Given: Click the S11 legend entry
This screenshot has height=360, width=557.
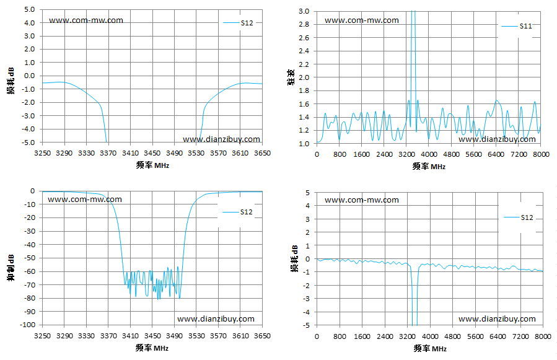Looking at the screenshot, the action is tap(517, 26).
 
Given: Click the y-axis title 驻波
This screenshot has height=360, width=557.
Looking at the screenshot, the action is tap(291, 77).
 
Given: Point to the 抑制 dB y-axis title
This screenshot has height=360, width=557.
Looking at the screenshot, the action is tap(11, 268).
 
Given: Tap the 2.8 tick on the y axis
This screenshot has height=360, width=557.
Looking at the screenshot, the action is tap(304, 24).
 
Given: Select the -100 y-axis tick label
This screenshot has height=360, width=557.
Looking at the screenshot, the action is tap(28, 325).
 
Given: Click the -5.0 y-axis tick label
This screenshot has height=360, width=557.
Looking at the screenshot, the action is tap(29, 143).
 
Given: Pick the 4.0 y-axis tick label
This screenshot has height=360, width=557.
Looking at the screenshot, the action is tap(30, 23).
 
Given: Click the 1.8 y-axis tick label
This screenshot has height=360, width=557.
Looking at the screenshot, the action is tap(304, 90).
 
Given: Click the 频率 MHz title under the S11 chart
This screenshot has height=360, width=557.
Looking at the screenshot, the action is tap(429, 166).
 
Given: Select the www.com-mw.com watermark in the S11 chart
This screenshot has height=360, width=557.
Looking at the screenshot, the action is tap(362, 20).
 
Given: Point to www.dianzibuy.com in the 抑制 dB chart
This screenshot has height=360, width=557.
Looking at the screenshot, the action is tap(216, 318).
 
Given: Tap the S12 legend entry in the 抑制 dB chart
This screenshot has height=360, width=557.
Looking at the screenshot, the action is tap(238, 212).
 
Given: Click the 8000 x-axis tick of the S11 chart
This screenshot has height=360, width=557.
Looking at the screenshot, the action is tap(542, 154).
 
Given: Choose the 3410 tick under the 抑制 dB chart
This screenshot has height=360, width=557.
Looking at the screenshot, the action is tap(130, 336).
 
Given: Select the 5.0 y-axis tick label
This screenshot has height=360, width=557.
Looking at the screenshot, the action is tap(30, 9).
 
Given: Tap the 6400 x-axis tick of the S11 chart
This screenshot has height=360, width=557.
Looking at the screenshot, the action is tap(496, 154).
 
